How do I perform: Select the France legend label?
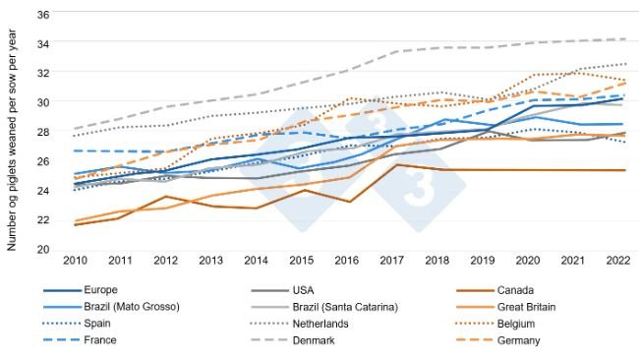[x=100, y=340]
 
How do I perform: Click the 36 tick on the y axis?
[x=43, y=15]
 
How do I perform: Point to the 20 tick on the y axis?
[x=43, y=249]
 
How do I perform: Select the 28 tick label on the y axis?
[x=43, y=132]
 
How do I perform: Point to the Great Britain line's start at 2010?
[x=75, y=221]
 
